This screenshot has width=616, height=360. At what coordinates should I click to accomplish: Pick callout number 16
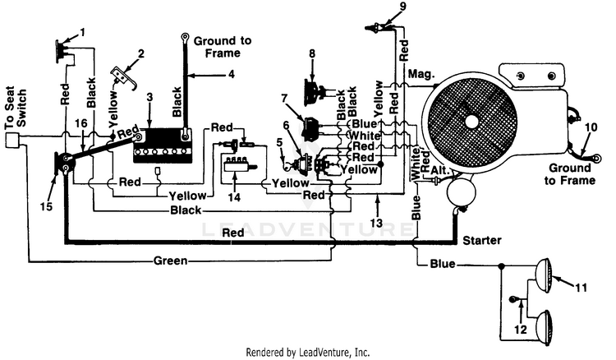coord(80,122)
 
